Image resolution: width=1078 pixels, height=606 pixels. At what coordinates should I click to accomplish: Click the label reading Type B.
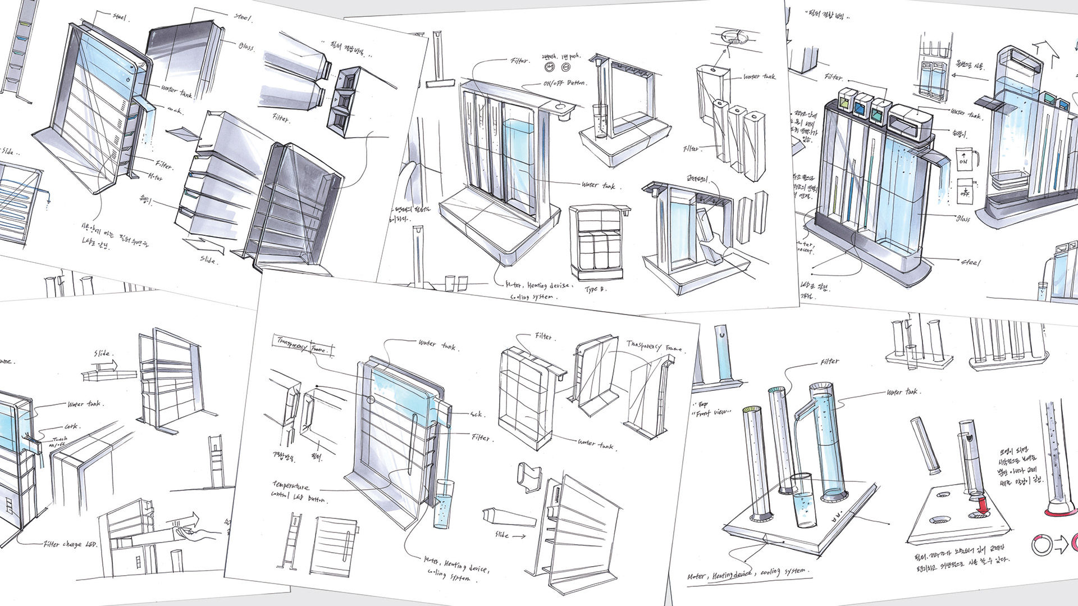[595, 289]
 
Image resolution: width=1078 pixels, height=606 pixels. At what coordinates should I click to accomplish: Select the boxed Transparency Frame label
[302, 344]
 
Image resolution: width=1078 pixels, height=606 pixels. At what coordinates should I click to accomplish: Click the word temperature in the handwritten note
[291, 485]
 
